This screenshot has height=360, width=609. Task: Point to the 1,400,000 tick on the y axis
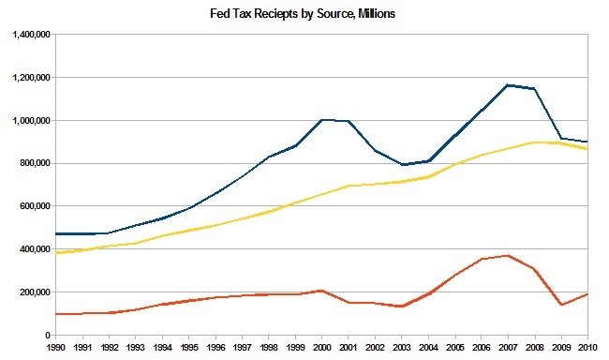31,35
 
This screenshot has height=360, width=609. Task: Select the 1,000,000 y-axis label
31,121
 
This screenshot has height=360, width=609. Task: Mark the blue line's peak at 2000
322,120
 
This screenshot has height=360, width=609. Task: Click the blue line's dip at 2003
402,165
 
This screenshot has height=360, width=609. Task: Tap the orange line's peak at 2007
507,255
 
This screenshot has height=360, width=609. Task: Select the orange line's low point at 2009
560,305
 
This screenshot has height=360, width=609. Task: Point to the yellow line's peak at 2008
534,142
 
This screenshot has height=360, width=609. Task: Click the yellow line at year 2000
322,194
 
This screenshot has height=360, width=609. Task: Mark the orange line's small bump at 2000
322,291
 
